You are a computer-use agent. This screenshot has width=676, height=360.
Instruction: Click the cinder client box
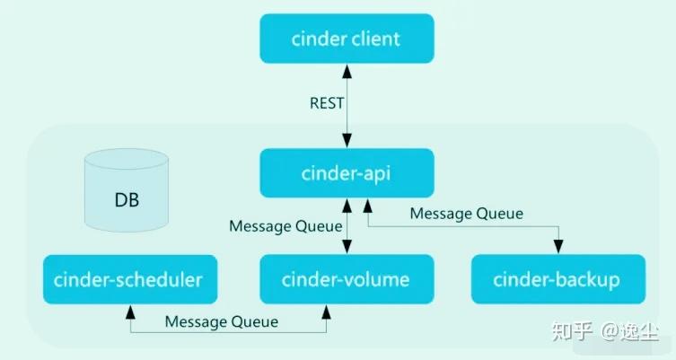(x=346, y=40)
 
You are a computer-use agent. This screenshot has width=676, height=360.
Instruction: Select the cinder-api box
(x=346, y=173)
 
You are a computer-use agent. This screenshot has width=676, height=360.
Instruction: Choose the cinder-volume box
(x=346, y=279)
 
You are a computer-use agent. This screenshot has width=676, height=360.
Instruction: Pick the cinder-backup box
(x=557, y=279)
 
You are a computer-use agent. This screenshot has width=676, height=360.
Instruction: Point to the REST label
(x=327, y=102)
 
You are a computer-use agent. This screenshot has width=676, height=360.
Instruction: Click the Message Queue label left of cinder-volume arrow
(x=285, y=226)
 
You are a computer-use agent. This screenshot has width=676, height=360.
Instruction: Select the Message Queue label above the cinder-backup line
(x=466, y=213)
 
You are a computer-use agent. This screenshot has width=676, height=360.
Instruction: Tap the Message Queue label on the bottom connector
(x=222, y=321)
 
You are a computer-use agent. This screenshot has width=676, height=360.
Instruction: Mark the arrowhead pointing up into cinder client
(x=346, y=69)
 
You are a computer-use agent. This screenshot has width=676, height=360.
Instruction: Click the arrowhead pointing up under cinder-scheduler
(x=132, y=310)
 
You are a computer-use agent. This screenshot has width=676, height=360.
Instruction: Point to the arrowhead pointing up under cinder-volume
(x=326, y=310)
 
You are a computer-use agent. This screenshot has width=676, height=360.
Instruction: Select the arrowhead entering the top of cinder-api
(x=346, y=144)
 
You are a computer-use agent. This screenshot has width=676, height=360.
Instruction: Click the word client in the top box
(x=376, y=40)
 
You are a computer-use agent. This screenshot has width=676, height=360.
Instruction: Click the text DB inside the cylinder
(x=127, y=198)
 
